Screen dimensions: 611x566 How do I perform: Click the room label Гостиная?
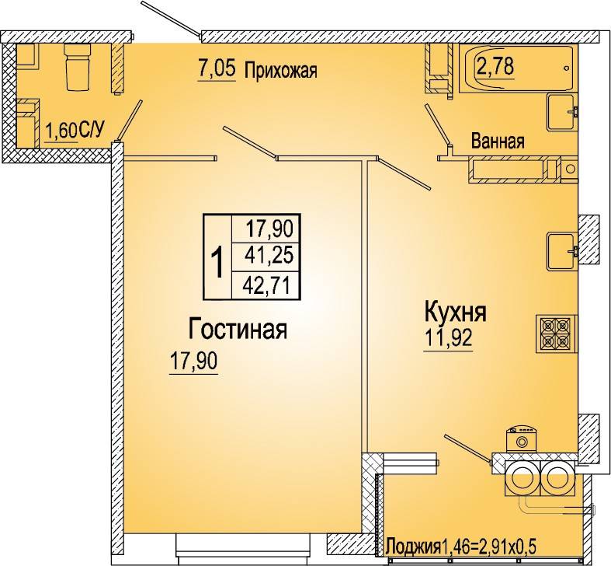point(238,330)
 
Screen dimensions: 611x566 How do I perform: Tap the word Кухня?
point(455,313)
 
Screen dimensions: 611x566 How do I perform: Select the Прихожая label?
point(281,71)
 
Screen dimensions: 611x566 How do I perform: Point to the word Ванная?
point(498,141)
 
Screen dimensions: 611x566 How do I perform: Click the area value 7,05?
point(217,69)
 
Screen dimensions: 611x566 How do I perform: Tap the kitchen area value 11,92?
point(448,338)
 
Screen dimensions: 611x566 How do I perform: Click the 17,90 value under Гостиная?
point(193,361)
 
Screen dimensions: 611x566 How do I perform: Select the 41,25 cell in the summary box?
point(269,256)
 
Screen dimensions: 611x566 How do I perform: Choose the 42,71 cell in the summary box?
point(266,286)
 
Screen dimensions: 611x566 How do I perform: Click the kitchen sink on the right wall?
point(562,251)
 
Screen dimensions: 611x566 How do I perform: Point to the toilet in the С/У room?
point(77,66)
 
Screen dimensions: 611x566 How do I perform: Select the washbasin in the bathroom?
point(562,112)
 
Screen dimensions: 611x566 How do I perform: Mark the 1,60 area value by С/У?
point(61,131)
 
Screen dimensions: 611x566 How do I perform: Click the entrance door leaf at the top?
point(171,19)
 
